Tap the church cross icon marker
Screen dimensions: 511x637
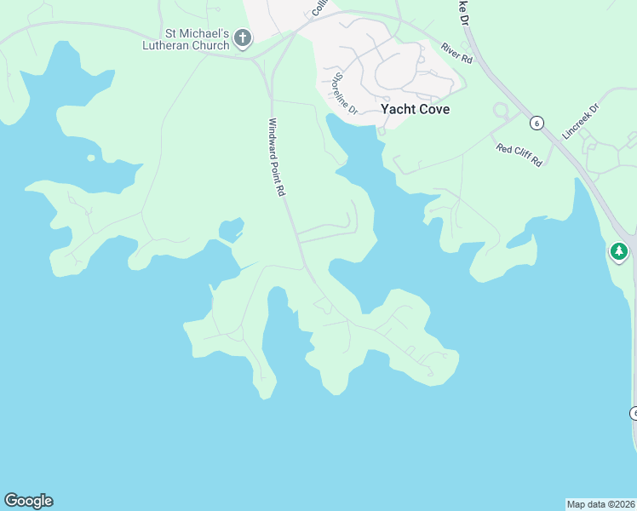[x=243, y=38]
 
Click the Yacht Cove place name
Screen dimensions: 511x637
[x=415, y=109]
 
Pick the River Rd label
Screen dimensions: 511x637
[x=456, y=54]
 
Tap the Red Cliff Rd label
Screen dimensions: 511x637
[x=519, y=155]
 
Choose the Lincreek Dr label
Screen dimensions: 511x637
[x=582, y=121]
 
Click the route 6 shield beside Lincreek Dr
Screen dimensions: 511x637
[x=536, y=123]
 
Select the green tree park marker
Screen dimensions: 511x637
[x=619, y=251]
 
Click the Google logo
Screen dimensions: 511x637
[x=28, y=501]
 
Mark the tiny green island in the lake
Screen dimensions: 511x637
[x=90, y=158]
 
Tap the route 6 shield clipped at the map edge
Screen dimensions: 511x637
[x=633, y=413]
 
